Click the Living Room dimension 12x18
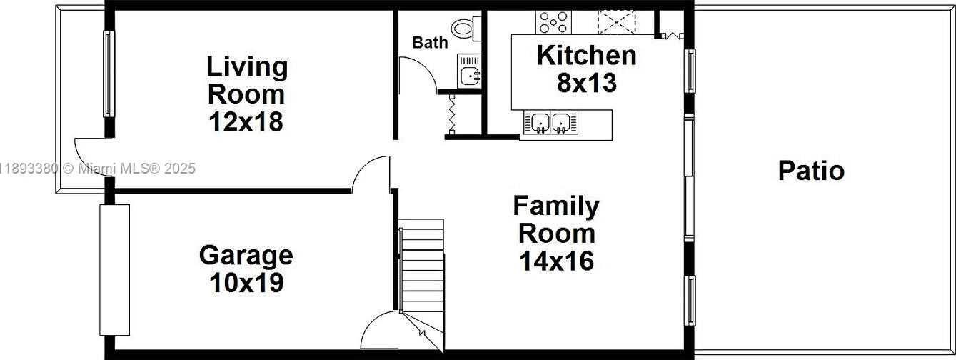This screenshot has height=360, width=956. pyautogui.click(x=246, y=122)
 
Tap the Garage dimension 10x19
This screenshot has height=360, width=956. pyautogui.click(x=247, y=283)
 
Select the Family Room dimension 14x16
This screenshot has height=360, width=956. pyautogui.click(x=556, y=261)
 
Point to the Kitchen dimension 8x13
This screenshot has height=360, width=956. pyautogui.click(x=587, y=83)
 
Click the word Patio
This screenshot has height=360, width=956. pyautogui.click(x=811, y=171)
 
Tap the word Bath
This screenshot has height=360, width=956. pyautogui.click(x=431, y=43)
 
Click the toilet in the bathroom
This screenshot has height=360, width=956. pyautogui.click(x=466, y=29)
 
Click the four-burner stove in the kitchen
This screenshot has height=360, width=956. pyautogui.click(x=553, y=23)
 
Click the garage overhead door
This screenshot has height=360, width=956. pyautogui.click(x=114, y=270)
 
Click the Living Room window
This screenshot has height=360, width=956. pyautogui.click(x=109, y=74)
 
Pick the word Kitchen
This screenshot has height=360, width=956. pyautogui.click(x=587, y=56)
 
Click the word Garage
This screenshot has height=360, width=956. pyautogui.click(x=246, y=256)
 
